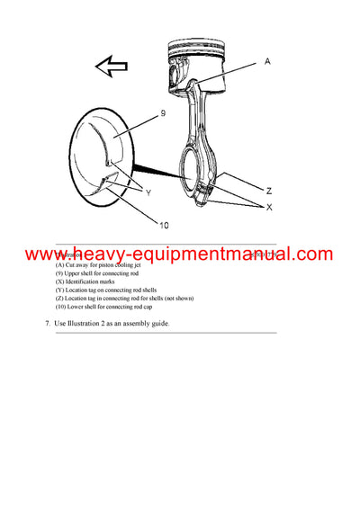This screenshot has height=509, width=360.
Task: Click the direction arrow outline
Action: tap(111, 66)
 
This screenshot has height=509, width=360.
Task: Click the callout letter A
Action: tap(268, 62)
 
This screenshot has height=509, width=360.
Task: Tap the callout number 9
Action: tap(163, 114)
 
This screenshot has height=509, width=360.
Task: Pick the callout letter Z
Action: tap(269, 190)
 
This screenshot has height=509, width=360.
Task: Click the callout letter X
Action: tap(267, 207)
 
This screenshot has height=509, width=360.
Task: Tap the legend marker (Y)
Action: tap(59, 290)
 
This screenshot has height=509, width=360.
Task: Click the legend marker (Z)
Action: tap(59, 299)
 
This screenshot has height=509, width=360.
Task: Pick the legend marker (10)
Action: tap(60, 307)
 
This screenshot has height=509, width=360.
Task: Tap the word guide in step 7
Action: tap(158, 323)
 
